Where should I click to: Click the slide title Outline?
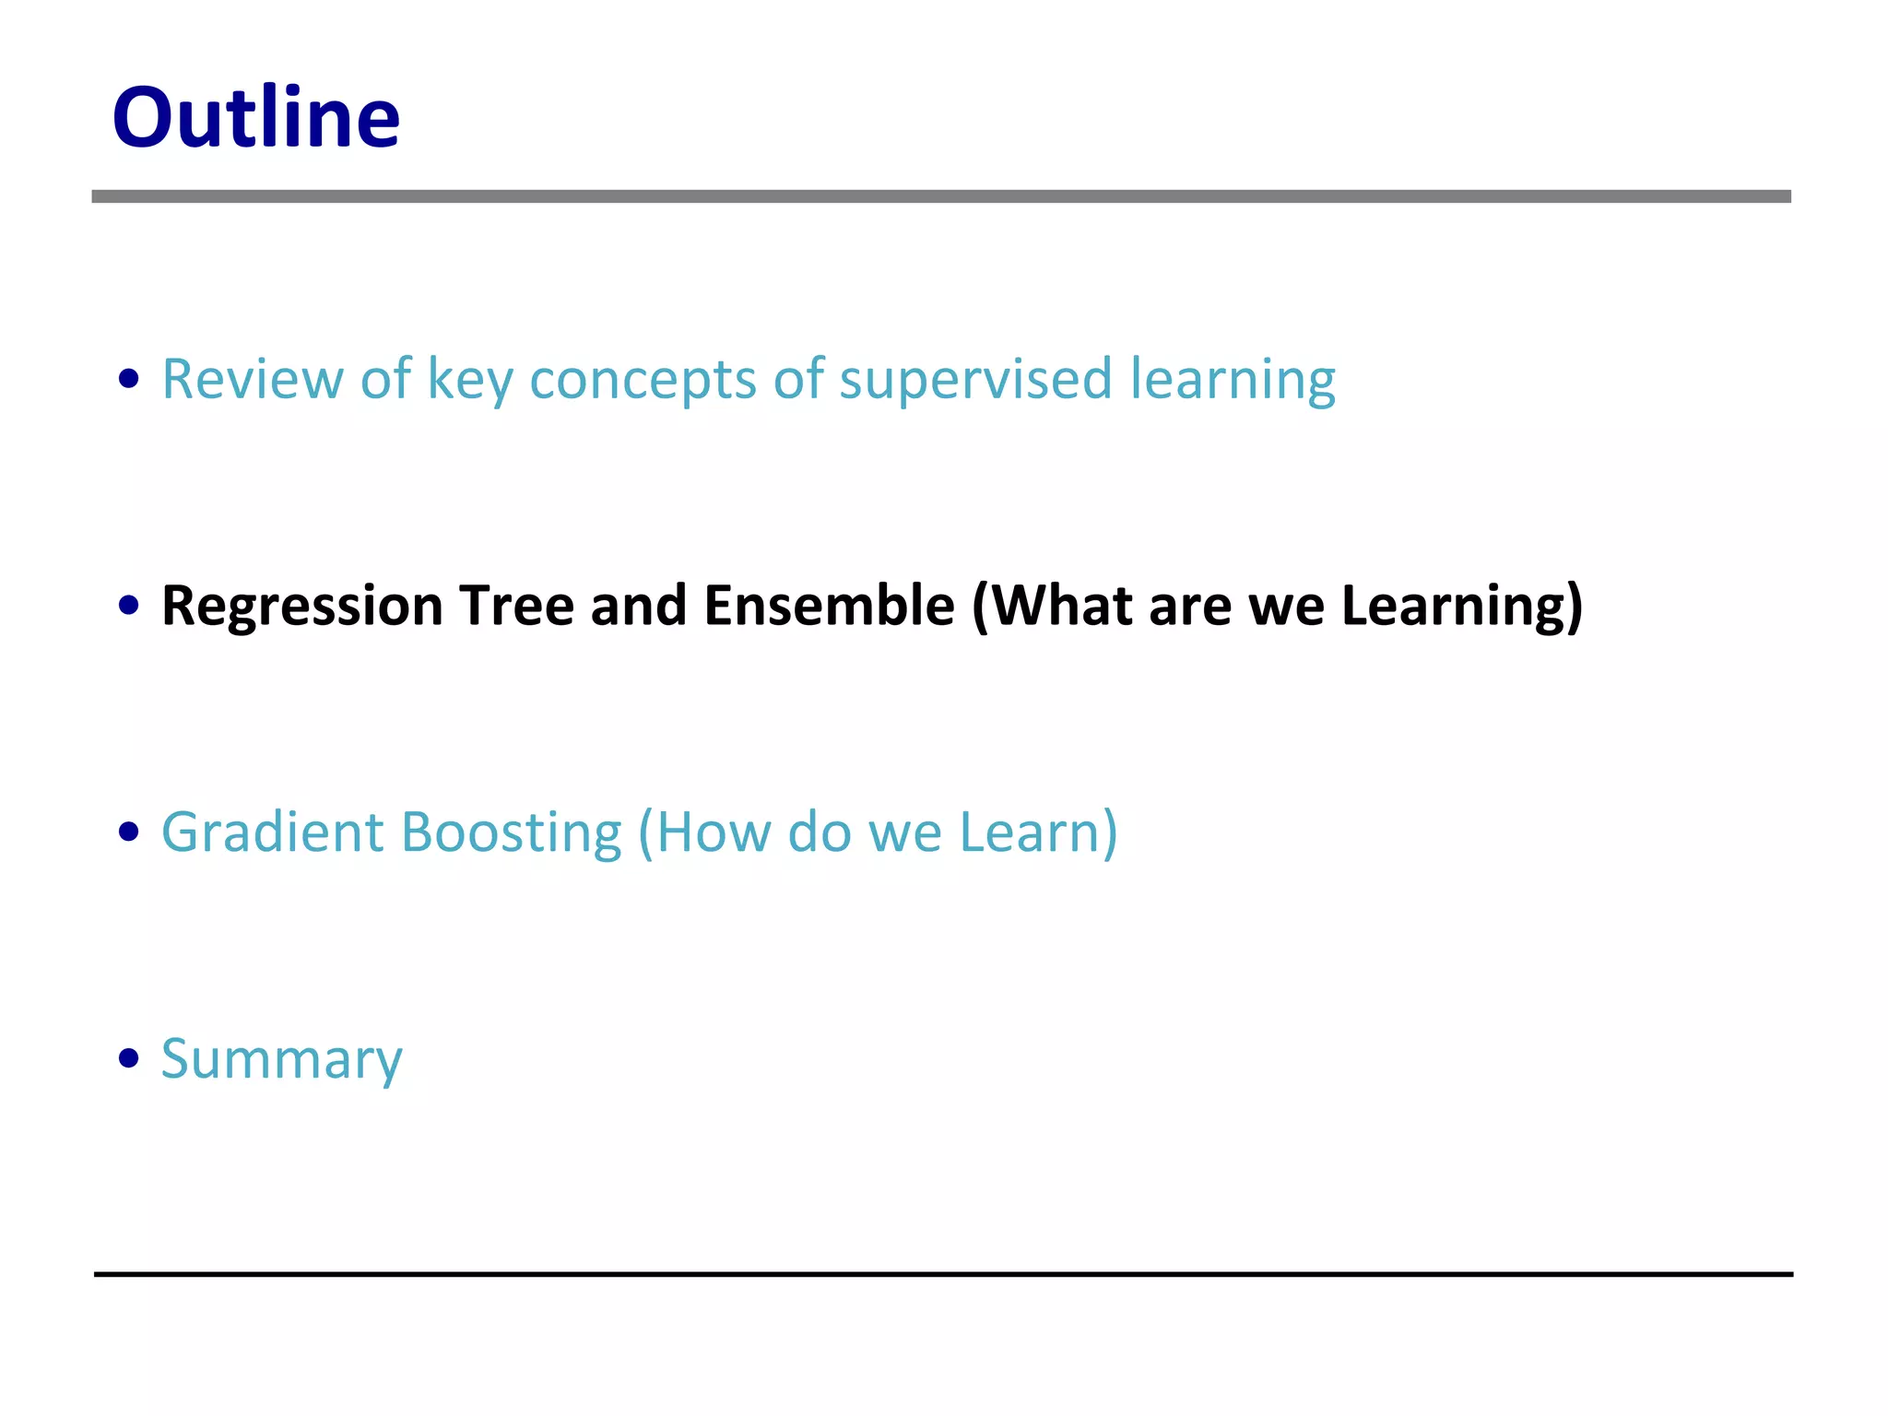pyautogui.click(x=255, y=117)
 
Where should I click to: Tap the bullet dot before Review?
pyautogui.click(x=129, y=378)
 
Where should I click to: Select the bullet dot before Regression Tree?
pyautogui.click(x=129, y=606)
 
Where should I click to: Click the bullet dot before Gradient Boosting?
pyautogui.click(x=129, y=832)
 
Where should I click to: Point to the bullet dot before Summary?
pyautogui.click(x=129, y=1058)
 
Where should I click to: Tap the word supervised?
pyautogui.click(x=975, y=378)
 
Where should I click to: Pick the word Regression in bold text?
pyautogui.click(x=301, y=606)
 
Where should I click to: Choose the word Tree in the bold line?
pyautogui.click(x=516, y=606)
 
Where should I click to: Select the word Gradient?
pyautogui.click(x=272, y=832)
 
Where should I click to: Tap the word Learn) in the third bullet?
pyautogui.click(x=1038, y=832)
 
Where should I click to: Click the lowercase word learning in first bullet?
pyautogui.click(x=1232, y=380)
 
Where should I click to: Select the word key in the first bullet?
pyautogui.click(x=469, y=380)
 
